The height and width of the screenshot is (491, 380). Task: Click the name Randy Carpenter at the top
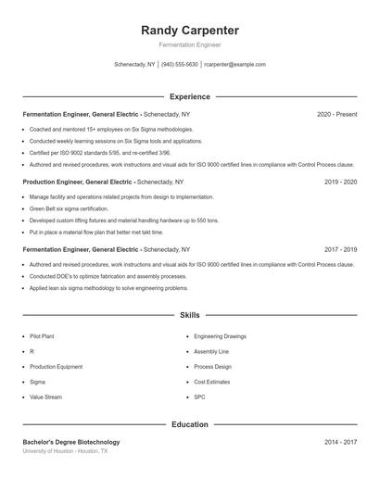coord(189,30)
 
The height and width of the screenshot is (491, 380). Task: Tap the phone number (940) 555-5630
coord(180,65)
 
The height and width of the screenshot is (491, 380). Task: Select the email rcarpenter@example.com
coord(234,65)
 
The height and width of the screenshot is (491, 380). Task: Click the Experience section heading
coord(189,96)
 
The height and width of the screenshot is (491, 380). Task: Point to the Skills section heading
coord(189,315)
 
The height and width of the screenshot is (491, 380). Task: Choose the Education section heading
coord(189,424)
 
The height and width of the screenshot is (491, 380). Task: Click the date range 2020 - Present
coord(336,114)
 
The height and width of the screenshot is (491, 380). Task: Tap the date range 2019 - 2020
coord(340,183)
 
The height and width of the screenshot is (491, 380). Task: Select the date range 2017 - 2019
coord(340,250)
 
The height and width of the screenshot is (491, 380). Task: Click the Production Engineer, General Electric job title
coord(79,183)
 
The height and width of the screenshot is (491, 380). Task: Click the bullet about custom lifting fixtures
coord(124,220)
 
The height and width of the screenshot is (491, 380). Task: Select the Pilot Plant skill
coord(43,337)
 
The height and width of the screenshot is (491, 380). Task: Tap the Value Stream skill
coord(45,397)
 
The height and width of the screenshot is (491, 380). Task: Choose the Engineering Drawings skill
coord(221,337)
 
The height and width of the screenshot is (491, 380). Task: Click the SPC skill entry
coord(199,397)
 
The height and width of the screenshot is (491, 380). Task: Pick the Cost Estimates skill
coord(212,382)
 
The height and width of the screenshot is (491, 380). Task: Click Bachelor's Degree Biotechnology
coord(71,442)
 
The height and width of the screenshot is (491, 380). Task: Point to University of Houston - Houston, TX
coord(65,451)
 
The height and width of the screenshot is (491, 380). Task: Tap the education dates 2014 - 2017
coord(340,442)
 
